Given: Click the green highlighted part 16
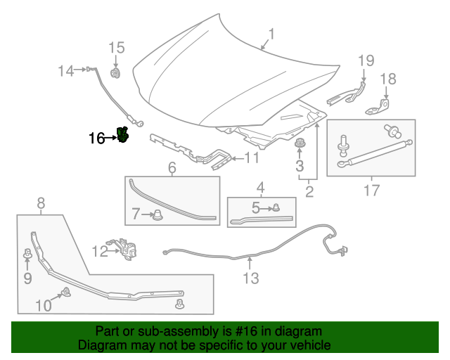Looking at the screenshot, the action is click(122, 134).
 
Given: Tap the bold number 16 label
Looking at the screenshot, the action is click(97, 139).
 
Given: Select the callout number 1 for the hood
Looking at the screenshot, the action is click(271, 34).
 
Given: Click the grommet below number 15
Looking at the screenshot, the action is click(115, 73).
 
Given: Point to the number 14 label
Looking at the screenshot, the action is click(66, 70).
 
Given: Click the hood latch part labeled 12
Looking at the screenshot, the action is click(124, 249).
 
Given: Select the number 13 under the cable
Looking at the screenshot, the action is click(251, 278).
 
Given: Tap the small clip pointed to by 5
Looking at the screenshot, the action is click(276, 207).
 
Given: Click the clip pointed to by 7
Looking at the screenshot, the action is click(157, 214).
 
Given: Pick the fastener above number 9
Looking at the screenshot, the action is click(27, 253).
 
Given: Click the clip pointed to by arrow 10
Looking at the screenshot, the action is click(66, 292).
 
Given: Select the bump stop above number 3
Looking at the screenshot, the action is click(300, 143).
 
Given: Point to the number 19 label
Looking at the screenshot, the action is click(366, 61).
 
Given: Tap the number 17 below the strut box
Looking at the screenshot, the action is click(372, 191).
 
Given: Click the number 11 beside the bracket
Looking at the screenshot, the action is click(252, 158).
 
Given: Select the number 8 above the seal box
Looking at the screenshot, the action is click(41, 203).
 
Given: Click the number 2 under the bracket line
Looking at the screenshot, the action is click(309, 192).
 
